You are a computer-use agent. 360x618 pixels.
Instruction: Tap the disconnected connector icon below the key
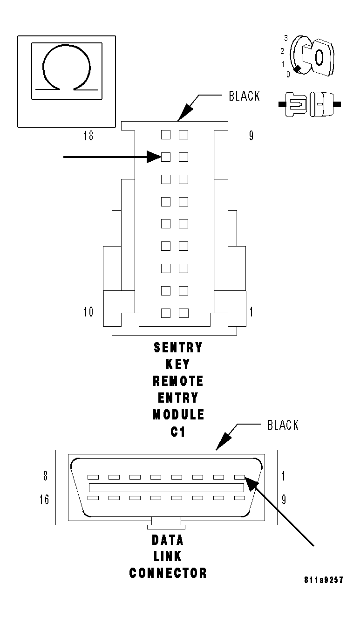pos(310,103)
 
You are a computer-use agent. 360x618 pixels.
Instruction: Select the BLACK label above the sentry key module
pos(244,96)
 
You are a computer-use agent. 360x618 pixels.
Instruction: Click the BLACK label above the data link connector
pos(283,425)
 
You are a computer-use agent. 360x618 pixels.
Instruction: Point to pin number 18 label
pos(88,136)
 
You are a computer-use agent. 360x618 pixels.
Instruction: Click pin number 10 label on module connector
pos(88,312)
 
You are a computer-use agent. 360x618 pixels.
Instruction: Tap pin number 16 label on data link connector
pos(44,500)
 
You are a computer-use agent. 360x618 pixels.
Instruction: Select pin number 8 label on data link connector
pos(46,476)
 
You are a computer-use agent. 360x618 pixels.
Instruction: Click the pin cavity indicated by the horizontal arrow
pos(165,157)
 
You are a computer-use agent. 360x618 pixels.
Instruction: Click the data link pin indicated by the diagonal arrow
pos(239,477)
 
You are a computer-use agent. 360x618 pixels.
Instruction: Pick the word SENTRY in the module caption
pos(178,348)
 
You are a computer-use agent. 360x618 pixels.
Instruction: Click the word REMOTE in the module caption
pos(178,381)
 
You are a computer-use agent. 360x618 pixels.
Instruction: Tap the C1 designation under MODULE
pos(178,432)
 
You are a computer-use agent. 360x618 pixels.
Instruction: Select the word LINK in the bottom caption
pos(168,556)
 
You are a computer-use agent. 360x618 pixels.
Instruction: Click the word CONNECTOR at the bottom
pos(168,573)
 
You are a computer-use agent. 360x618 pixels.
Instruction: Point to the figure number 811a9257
pos(323,580)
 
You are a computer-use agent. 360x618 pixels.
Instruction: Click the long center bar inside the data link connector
pos(166,488)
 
